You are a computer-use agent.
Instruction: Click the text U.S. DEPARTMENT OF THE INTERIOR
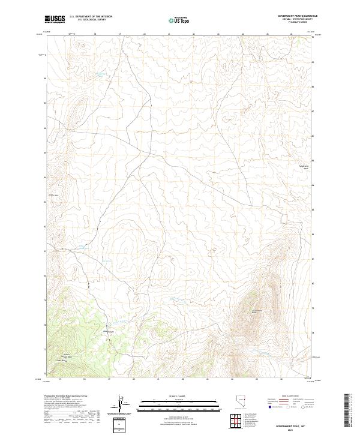click(91, 16)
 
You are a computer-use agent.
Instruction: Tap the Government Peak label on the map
click(257, 310)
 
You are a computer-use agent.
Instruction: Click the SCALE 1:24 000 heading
click(169, 395)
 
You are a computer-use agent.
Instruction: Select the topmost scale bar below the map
click(169, 400)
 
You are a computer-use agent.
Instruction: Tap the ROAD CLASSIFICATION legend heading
click(289, 397)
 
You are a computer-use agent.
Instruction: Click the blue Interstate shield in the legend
click(269, 407)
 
